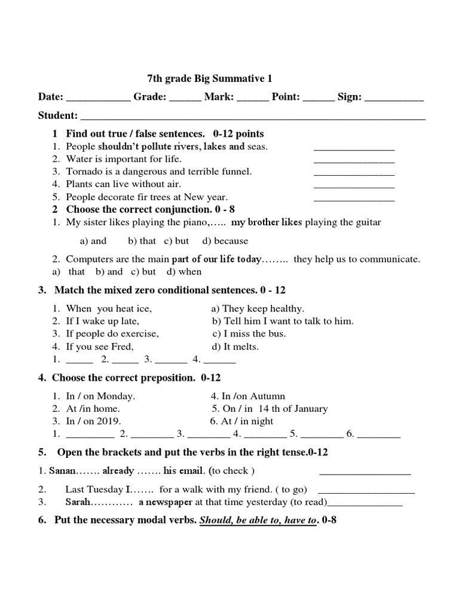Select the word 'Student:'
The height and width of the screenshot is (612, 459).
58,115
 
